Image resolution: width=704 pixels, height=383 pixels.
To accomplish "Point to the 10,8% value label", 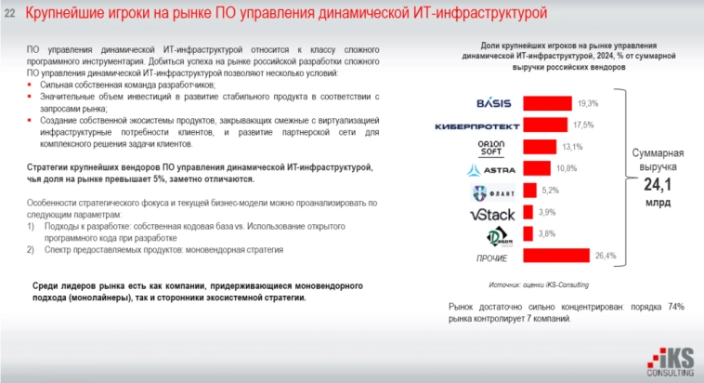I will pos(567,168).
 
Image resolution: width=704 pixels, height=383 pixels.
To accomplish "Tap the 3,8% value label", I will pos(547,234).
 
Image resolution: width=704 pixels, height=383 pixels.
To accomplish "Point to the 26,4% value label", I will pos(605,255).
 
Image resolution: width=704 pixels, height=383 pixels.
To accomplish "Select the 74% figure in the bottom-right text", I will pos(675,306).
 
